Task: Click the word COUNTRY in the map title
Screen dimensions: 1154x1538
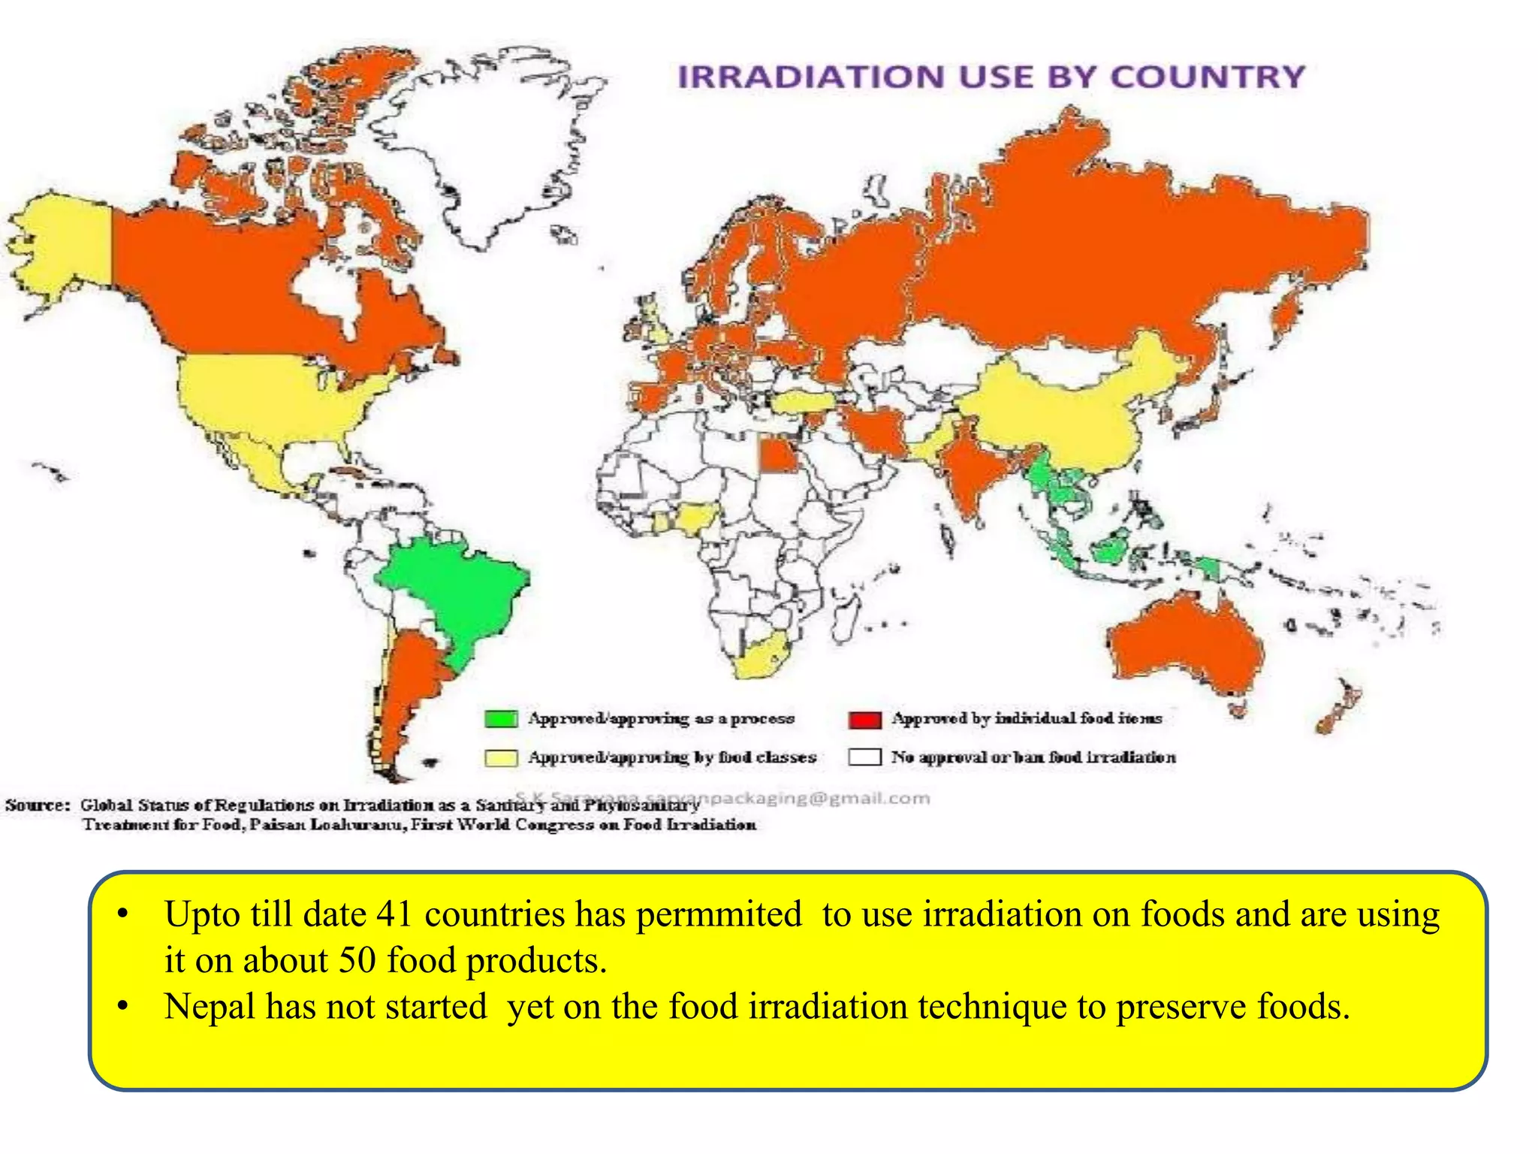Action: (1207, 77)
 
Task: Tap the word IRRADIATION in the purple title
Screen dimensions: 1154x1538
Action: (811, 77)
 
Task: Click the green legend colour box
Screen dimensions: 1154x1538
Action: (501, 719)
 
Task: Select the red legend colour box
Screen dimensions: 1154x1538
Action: (864, 719)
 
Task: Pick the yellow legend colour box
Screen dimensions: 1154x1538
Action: (501, 757)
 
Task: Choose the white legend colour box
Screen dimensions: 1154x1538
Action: (864, 757)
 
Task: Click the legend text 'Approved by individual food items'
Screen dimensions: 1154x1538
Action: (1027, 718)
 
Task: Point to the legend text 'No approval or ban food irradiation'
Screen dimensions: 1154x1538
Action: (1033, 757)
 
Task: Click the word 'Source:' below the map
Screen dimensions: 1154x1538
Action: (38, 805)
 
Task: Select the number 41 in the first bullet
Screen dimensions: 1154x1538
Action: (395, 914)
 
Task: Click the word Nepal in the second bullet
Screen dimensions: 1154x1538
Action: (210, 1007)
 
